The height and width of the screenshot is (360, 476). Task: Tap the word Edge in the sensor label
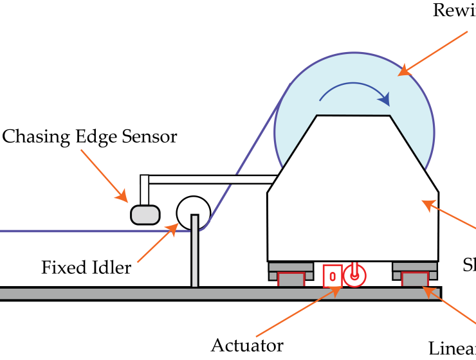coord(104,137)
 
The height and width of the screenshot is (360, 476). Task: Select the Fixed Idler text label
coord(86,267)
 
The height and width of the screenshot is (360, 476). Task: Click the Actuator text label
coord(247,345)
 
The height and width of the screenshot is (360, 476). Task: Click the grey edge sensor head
coord(145,214)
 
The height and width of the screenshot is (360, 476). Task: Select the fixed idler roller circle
coord(193,212)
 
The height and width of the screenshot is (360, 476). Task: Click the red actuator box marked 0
coord(332,276)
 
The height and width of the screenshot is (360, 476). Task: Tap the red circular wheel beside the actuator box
coord(354,276)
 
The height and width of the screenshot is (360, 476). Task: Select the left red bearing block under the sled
coord(290,279)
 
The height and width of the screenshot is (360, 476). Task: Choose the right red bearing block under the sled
coord(415,279)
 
